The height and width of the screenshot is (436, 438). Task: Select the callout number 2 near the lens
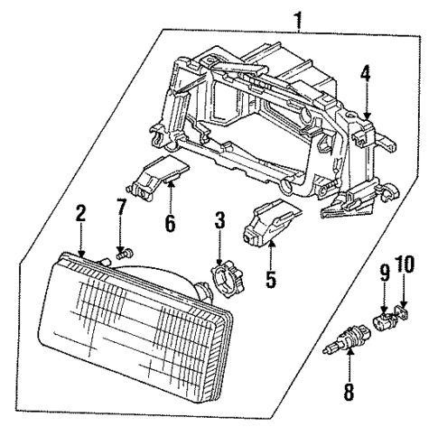pyautogui.click(x=80, y=214)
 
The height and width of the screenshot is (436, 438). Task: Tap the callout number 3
pyautogui.click(x=219, y=218)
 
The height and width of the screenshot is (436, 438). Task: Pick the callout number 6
pyautogui.click(x=169, y=222)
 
